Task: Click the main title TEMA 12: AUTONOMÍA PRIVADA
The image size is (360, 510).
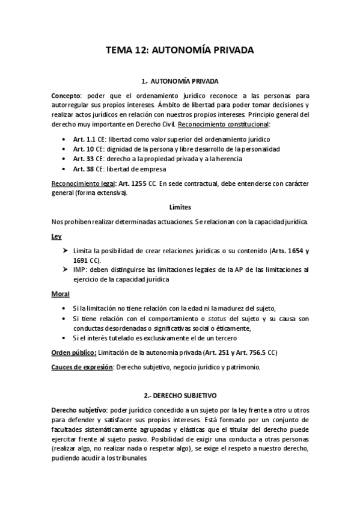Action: (x=180, y=51)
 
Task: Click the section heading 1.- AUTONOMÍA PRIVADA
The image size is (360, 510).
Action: (x=180, y=81)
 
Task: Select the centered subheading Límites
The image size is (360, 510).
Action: (x=180, y=207)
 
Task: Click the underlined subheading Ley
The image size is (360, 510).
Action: (x=56, y=237)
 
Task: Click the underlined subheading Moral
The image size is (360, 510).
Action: (x=61, y=294)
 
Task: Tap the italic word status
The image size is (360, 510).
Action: (x=211, y=318)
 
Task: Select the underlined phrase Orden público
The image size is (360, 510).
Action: (x=73, y=352)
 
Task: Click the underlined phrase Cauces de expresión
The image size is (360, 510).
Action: (x=81, y=367)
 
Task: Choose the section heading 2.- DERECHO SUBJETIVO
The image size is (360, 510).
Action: (x=180, y=396)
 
